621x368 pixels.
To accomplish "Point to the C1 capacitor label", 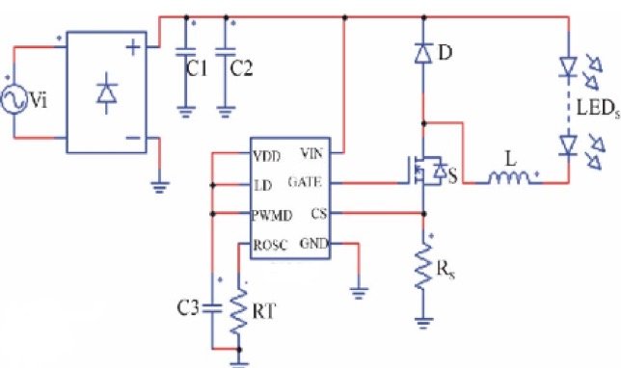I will (197, 69).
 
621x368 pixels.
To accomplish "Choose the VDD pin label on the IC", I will (267, 155).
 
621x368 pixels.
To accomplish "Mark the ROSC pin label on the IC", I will (269, 245).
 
